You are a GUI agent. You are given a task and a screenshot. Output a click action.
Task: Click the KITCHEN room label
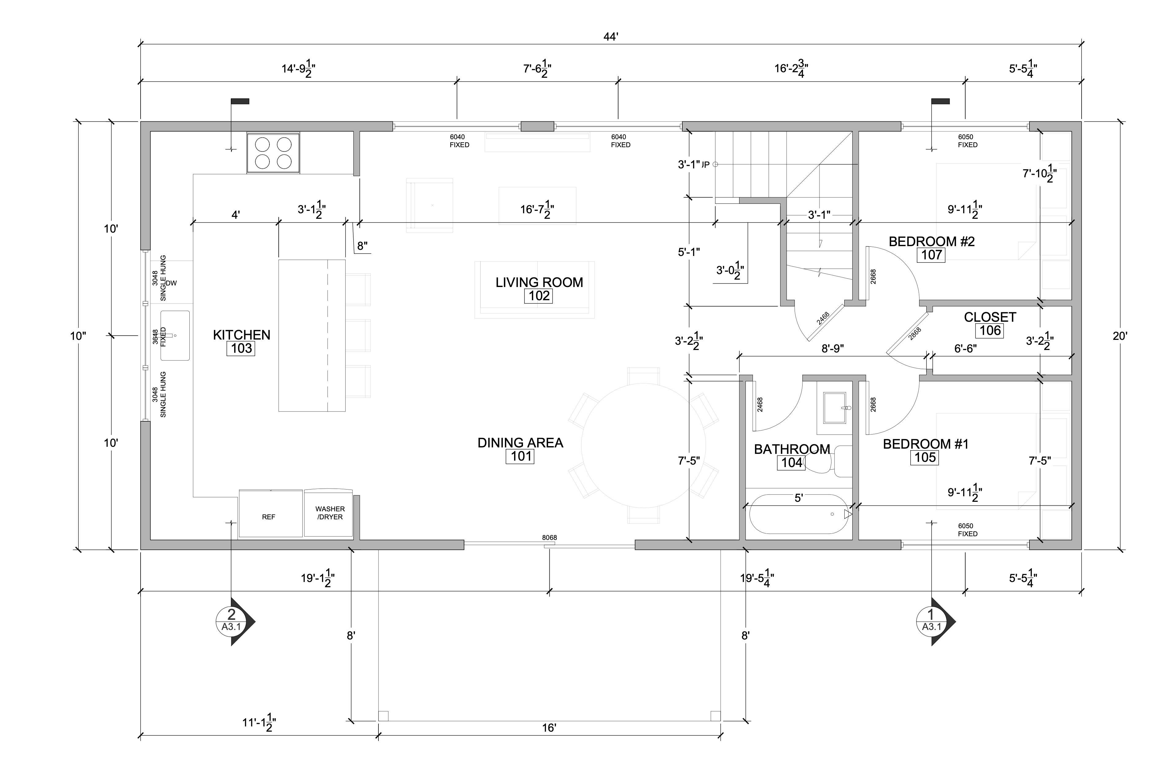241,335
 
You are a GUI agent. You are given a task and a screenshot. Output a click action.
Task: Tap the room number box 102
539,296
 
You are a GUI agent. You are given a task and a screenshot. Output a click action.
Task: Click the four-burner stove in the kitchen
273,153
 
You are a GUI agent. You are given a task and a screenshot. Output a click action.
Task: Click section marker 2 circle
231,621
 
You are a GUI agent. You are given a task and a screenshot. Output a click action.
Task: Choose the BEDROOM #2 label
932,242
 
